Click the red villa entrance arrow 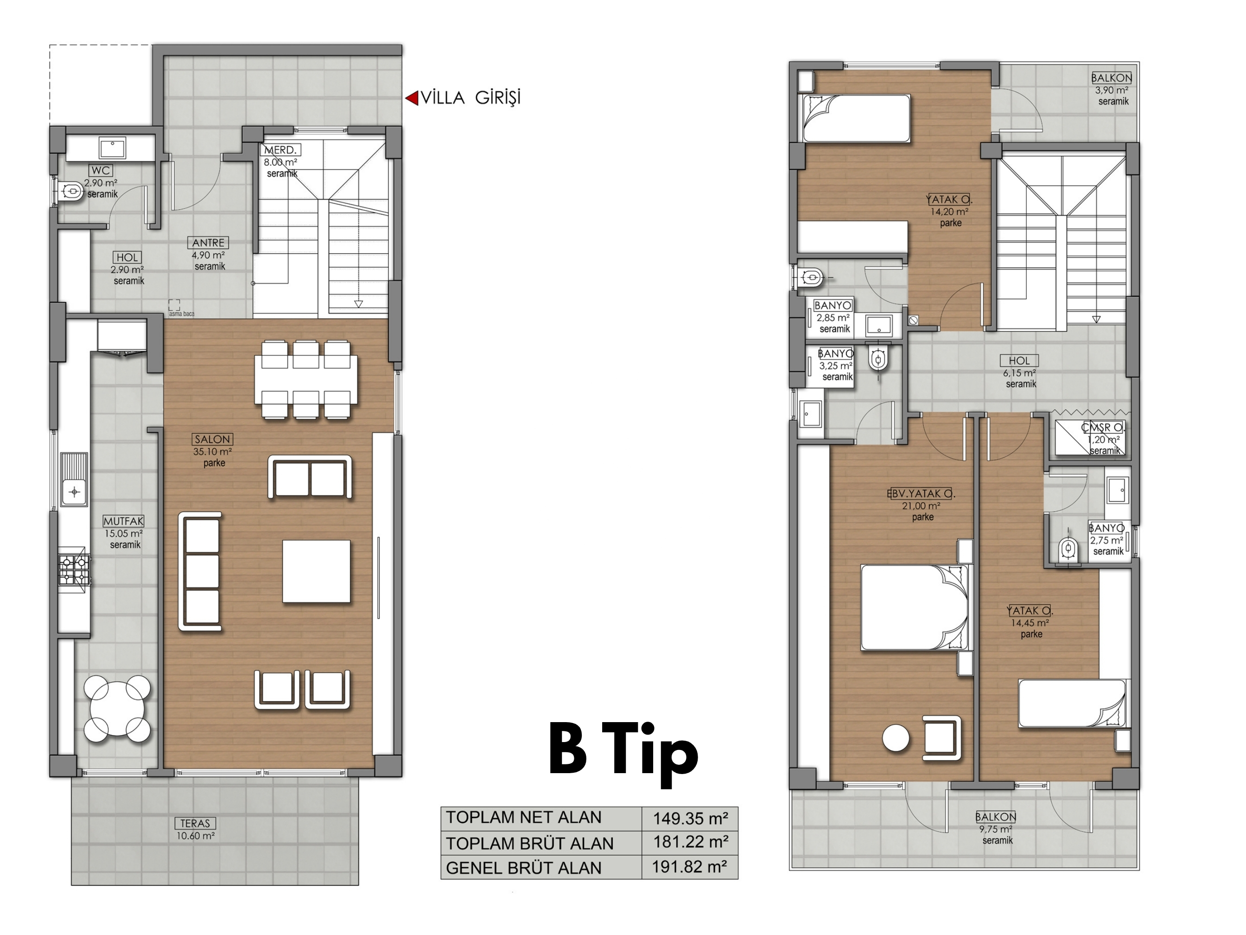[x=412, y=98]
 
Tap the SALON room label [x=212, y=439]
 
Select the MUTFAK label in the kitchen [x=123, y=521]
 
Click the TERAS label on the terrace [x=195, y=823]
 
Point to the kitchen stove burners [x=74, y=569]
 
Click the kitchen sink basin [x=74, y=492]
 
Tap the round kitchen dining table [x=117, y=710]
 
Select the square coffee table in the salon [x=317, y=571]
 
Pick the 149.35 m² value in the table [x=691, y=818]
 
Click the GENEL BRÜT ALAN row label [x=524, y=868]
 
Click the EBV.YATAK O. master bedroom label [x=921, y=494]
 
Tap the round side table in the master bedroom [x=896, y=738]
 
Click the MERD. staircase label [x=280, y=150]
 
